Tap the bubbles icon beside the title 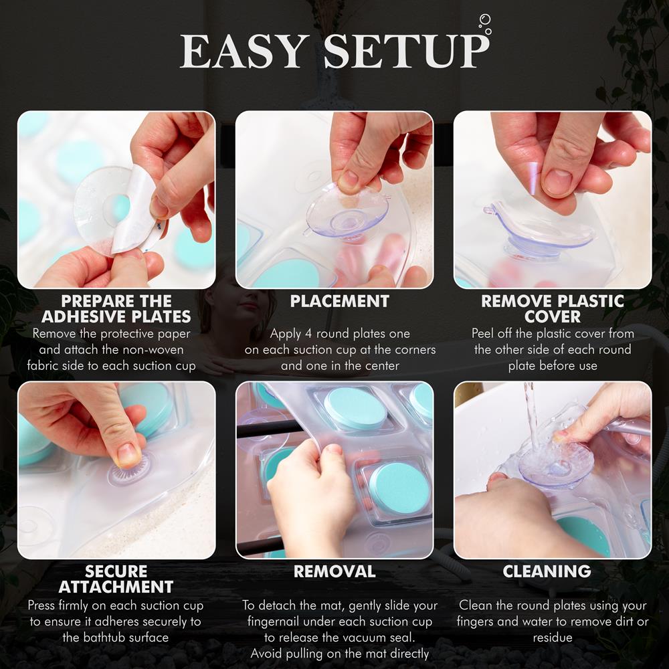(x=485, y=24)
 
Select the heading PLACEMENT (x=340, y=301)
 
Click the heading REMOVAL (x=334, y=571)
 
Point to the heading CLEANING (x=547, y=571)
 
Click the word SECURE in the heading (x=116, y=571)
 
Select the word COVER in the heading (x=553, y=317)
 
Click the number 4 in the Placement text (x=308, y=334)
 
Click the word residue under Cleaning (x=553, y=638)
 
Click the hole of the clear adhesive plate (x=118, y=209)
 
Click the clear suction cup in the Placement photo (x=348, y=213)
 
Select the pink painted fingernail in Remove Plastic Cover (x=534, y=178)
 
